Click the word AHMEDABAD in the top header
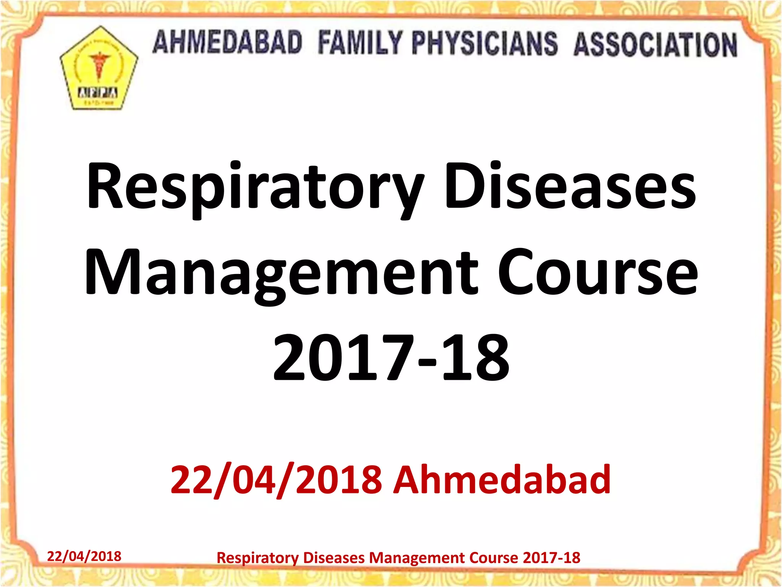[x=228, y=42]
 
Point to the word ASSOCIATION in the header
[x=655, y=45]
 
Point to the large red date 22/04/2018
[x=276, y=479]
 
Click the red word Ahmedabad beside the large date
[x=502, y=479]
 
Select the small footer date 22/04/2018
[x=84, y=556]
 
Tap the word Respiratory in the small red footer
[x=257, y=558]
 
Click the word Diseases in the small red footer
[x=334, y=558]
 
